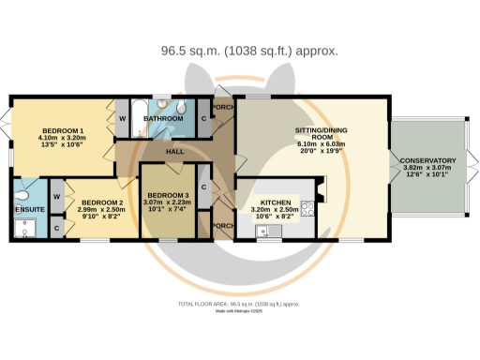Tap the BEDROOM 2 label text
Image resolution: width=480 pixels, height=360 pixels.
[100, 202]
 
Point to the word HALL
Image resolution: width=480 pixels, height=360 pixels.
[174, 151]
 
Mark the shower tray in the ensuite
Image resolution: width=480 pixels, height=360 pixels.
[26, 227]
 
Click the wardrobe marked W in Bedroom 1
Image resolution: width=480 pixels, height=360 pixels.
[123, 119]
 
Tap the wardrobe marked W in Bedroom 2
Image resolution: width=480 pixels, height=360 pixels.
[56, 196]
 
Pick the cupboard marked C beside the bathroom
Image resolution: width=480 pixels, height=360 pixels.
[204, 119]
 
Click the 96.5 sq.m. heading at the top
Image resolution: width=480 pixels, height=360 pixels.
[240, 51]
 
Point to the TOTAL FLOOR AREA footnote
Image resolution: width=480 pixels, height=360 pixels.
[239, 305]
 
